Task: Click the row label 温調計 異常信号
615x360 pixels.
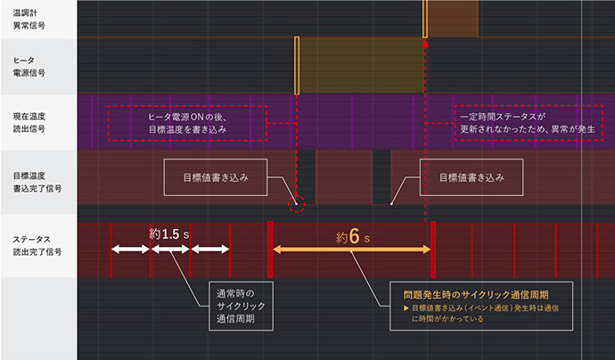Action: [x=26, y=20]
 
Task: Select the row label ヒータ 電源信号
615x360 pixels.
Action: [x=24, y=65]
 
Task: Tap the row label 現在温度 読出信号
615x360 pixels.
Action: [x=29, y=122]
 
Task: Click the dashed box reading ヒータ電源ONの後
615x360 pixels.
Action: [x=187, y=123]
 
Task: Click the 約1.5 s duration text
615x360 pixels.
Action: [x=169, y=233]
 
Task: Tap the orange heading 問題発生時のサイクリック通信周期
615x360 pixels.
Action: [x=475, y=293]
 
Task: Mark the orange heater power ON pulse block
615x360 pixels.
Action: [x=358, y=65]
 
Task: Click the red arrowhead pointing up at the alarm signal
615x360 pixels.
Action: [x=425, y=42]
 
